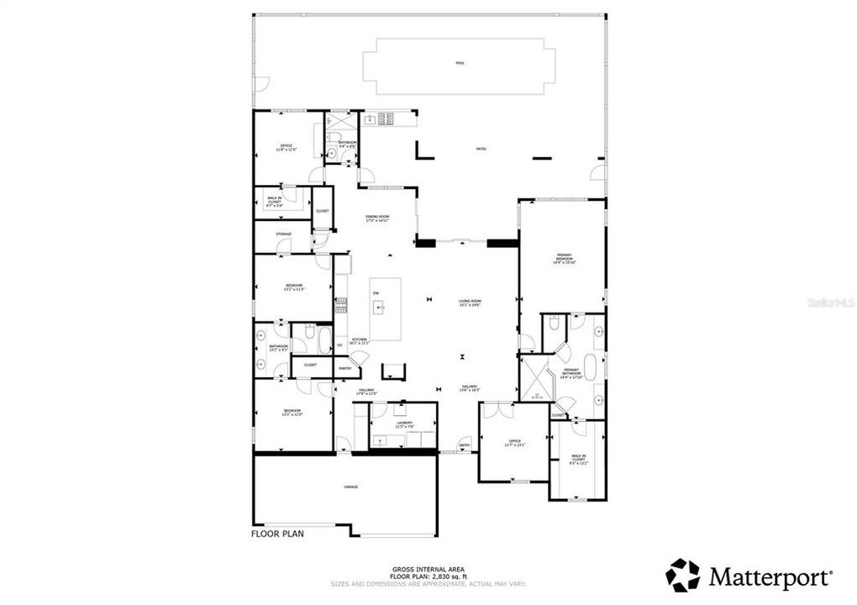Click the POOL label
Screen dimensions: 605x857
460,63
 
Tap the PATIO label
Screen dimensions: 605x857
481,149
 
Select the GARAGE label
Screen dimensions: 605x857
350,487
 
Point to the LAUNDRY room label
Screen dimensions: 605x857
406,425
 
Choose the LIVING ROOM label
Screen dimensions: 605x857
470,302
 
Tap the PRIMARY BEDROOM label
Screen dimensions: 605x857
564,258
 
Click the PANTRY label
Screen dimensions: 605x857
344,368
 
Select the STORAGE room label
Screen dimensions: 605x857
284,234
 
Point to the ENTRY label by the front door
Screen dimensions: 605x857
465,445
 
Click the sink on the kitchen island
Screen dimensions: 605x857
380,307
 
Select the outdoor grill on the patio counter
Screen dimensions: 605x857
386,119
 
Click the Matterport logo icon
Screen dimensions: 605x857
682,576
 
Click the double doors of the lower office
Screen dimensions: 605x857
501,410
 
